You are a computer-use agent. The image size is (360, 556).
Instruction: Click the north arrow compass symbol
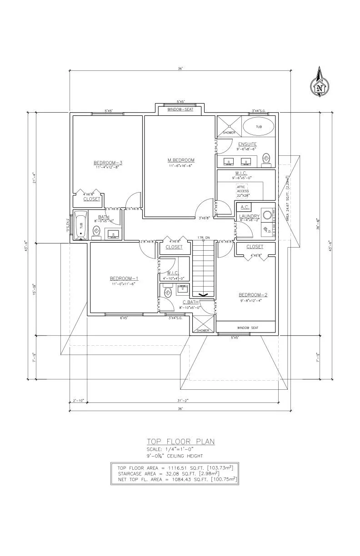pos(320,83)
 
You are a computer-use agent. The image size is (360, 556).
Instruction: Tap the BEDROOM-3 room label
pos(108,163)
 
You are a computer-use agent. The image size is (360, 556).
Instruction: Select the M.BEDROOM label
pos(181,160)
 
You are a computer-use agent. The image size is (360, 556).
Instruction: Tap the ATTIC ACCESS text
pos(243,189)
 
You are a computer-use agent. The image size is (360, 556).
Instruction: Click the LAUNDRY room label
pos(250,216)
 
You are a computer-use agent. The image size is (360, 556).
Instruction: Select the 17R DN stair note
pos(204,238)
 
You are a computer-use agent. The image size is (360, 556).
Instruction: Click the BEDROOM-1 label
pos(124,278)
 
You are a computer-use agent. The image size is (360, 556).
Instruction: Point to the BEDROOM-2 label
pos(253,295)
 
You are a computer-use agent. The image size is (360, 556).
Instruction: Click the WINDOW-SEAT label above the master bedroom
pos(180,109)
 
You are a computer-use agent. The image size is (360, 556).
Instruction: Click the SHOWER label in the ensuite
pos(229,133)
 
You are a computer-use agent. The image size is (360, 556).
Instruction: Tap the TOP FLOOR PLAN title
pos(180,441)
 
